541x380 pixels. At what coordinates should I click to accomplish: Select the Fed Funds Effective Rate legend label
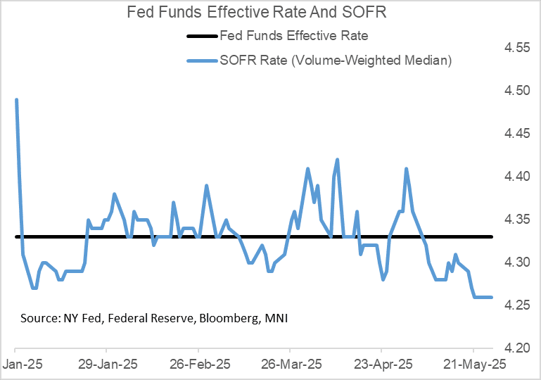[x=294, y=35]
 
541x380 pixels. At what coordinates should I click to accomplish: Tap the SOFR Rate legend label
[x=336, y=61]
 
